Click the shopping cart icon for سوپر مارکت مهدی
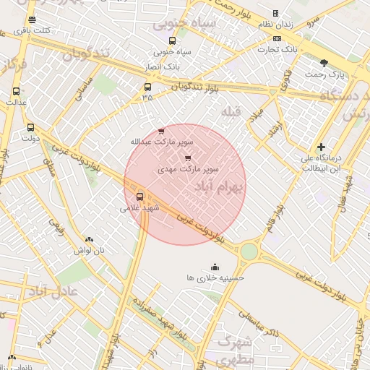coord(189,158)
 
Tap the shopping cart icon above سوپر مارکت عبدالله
coord(160,131)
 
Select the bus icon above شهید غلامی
coord(140,196)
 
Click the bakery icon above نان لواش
coord(89,240)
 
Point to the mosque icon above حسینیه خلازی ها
coord(215,267)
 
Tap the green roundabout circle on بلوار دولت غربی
coord(249,251)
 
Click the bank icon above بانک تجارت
coord(277,38)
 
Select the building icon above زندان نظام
coord(275,13)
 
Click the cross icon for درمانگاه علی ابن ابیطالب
coord(321,147)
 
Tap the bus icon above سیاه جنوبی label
coord(172,41)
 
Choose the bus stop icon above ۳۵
coord(147,87)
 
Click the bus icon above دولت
coord(30,127)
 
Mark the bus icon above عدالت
coord(17,92)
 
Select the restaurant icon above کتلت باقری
coord(32,20)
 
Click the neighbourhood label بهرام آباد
coord(220,187)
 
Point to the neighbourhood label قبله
coord(231,111)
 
